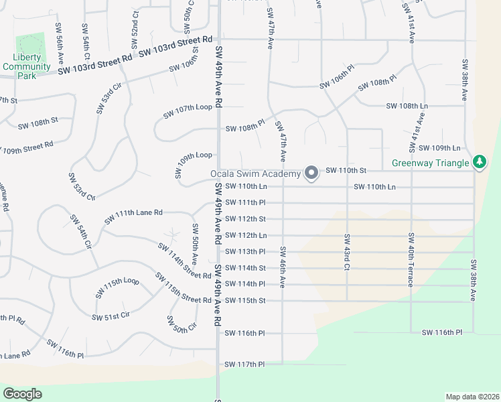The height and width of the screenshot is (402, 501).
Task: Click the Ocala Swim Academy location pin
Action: pyautogui.click(x=311, y=173)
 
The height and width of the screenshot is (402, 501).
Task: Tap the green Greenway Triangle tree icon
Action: pyautogui.click(x=479, y=162)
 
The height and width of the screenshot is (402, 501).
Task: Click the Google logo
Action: pyautogui.click(x=22, y=394)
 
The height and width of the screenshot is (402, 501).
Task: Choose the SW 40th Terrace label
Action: pyautogui.click(x=410, y=259)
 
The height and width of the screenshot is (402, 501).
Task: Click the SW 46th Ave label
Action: pyautogui.click(x=283, y=267)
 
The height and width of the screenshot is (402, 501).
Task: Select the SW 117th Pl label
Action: pyautogui.click(x=245, y=364)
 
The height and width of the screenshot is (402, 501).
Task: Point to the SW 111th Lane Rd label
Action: pyautogui.click(x=133, y=216)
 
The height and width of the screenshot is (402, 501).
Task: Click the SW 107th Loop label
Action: pyautogui.click(x=188, y=111)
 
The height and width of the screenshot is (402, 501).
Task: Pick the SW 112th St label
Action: pyautogui.click(x=245, y=218)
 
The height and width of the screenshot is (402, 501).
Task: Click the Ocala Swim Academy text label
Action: pyautogui.click(x=255, y=174)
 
